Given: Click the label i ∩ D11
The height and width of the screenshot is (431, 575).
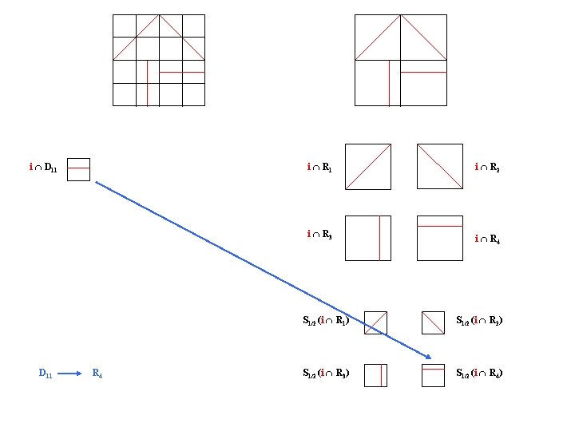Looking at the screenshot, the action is [42, 168].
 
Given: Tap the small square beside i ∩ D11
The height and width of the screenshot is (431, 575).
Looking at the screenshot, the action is [78, 169].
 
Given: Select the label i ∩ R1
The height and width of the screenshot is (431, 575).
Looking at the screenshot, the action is [321, 168].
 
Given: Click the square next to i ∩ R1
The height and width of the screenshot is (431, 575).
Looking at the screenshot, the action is [368, 166].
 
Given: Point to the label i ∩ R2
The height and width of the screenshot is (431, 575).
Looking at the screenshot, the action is [487, 168].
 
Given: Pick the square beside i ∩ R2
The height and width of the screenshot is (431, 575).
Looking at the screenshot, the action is [439, 166].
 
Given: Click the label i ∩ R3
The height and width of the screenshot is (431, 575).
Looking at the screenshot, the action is [321, 234].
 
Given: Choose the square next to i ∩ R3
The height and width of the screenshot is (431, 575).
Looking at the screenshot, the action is [368, 238].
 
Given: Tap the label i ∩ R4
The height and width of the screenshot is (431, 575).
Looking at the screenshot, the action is [487, 239].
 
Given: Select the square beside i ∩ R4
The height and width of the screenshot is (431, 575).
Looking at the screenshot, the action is [439, 238].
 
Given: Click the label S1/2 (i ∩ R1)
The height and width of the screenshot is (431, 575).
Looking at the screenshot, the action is [326, 322].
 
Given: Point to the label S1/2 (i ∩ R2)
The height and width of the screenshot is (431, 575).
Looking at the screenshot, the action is [479, 322].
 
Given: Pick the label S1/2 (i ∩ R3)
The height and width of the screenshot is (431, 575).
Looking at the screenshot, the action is [326, 373].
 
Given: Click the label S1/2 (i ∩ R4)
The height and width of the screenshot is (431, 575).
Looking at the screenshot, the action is [479, 373].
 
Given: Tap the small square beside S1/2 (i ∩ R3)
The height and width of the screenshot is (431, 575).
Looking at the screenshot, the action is [375, 375].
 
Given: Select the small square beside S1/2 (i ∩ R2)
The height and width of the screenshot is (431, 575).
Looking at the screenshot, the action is [432, 322].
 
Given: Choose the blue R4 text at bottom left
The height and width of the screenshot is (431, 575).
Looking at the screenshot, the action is [97, 373].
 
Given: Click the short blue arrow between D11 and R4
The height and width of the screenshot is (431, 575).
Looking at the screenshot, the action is [70, 373].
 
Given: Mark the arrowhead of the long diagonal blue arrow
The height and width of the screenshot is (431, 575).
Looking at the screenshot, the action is [429, 356].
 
